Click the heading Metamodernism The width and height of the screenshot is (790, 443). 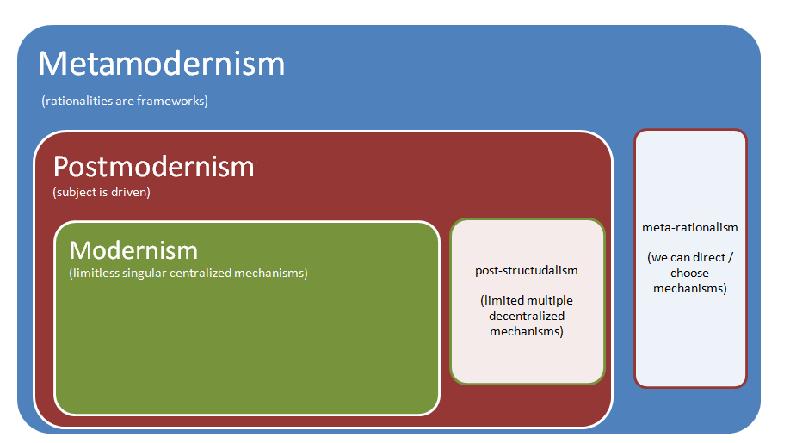pos(161,65)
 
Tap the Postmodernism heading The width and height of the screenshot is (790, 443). pos(153,166)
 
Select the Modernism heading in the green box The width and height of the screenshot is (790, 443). pos(133,250)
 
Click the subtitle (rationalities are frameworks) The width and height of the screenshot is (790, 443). pos(125,101)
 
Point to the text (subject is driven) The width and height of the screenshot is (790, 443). pos(102,192)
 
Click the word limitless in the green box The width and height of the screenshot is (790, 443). pos(96,274)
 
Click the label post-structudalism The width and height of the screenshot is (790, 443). pos(527,270)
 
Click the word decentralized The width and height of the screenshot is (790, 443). pos(527,316)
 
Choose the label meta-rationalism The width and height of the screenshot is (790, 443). pos(690,227)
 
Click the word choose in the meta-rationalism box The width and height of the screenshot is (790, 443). pos(690,273)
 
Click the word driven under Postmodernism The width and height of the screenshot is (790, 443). pos(132,192)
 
